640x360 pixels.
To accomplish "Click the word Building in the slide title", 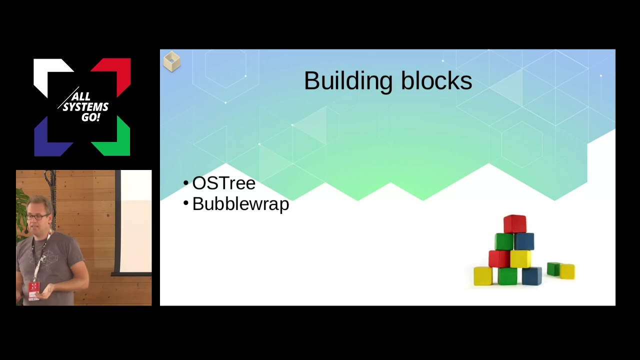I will (x=343, y=81).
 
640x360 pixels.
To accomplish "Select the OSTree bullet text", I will (x=223, y=183).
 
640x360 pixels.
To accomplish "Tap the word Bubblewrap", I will (x=240, y=204).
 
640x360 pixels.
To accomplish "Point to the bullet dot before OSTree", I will (x=186, y=183).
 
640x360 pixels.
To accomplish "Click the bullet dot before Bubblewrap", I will (x=186, y=203).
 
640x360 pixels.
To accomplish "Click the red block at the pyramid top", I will (x=514, y=224).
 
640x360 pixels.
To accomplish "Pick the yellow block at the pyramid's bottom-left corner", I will (x=483, y=276).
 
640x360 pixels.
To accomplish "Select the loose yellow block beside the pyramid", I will (x=567, y=271).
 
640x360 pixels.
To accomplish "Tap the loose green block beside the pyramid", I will (x=553, y=268).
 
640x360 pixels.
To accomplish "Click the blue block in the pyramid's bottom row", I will (x=531, y=276).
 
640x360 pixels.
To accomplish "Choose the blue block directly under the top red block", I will (x=524, y=241).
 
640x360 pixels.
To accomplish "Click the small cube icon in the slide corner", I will (x=171, y=61).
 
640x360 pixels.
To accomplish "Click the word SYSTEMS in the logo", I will (x=85, y=107).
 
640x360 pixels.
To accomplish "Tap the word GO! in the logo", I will (x=91, y=118).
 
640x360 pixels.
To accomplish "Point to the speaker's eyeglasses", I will (x=38, y=217).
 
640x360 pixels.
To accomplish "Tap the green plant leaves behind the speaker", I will (x=21, y=210).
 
